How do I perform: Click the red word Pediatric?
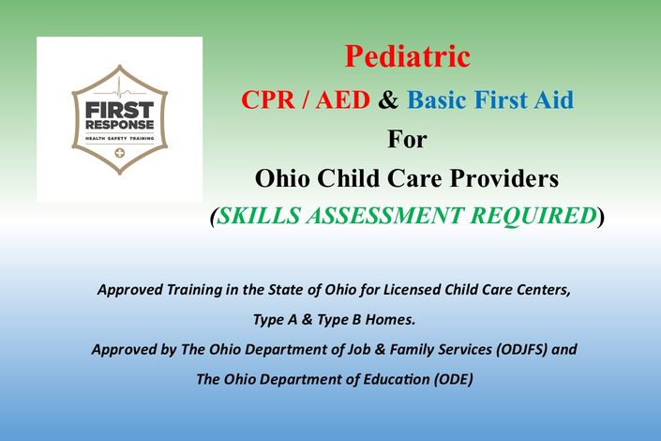tap(407, 56)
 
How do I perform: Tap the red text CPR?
tap(268, 100)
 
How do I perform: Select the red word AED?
tap(343, 100)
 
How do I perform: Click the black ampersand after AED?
tap(388, 100)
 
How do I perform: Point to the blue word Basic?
tap(437, 100)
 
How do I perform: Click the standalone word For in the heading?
tap(407, 139)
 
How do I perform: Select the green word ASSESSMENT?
tap(384, 215)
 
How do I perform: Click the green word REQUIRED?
tap(533, 216)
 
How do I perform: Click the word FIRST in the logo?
tap(120, 111)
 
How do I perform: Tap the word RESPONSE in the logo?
tap(120, 125)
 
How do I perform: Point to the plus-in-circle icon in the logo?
tap(120, 153)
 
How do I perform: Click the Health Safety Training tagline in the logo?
tap(120, 138)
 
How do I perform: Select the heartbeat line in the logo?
tap(120, 89)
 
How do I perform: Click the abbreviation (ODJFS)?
tap(521, 349)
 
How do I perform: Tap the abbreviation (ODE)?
tap(453, 379)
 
